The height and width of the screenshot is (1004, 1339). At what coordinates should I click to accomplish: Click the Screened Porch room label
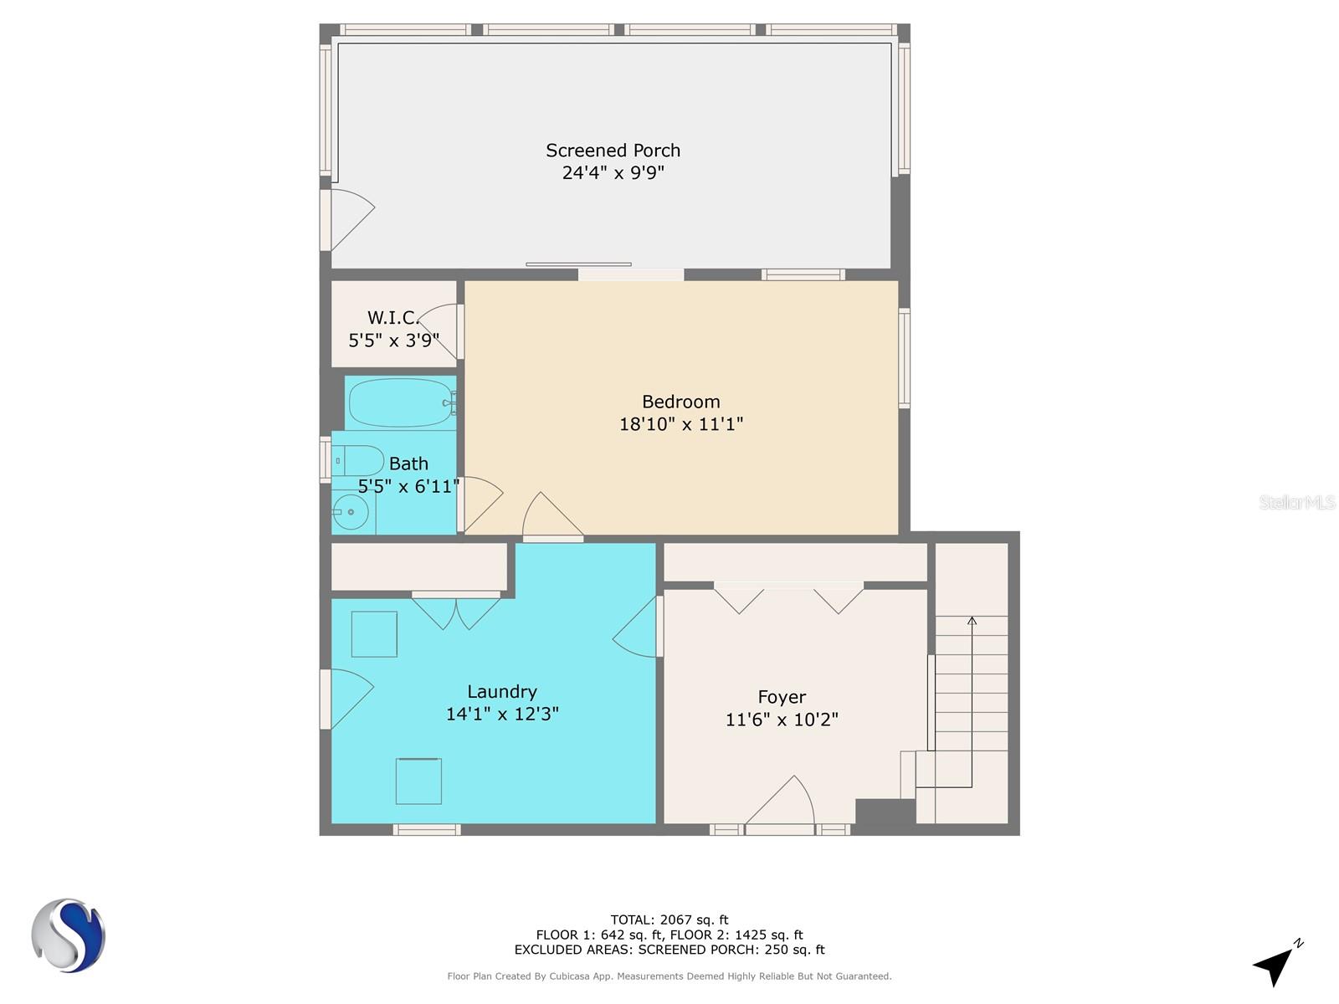tap(613, 150)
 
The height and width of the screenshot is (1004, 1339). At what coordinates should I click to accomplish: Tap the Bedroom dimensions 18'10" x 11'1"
tap(680, 423)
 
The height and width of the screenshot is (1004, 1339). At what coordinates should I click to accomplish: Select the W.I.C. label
tap(392, 318)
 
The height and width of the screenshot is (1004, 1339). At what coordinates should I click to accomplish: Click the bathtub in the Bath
tap(401, 403)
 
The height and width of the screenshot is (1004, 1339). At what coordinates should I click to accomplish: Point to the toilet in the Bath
tap(357, 460)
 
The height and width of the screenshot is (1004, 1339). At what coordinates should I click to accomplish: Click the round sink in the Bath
tap(351, 512)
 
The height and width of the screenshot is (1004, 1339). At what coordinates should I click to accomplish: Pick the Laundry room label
tap(502, 691)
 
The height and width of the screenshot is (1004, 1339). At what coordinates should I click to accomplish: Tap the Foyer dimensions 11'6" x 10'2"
tap(782, 720)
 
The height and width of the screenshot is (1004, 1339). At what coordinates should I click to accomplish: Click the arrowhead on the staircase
tap(972, 621)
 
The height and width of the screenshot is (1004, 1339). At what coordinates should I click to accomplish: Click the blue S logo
tap(69, 935)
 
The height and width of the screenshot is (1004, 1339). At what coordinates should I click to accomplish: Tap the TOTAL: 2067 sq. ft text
tap(669, 919)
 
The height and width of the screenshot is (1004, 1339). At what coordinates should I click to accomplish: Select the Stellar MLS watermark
tap(1297, 502)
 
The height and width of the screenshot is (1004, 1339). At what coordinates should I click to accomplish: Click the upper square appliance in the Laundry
tap(374, 634)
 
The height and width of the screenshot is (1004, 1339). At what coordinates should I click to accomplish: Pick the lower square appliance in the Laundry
tap(418, 781)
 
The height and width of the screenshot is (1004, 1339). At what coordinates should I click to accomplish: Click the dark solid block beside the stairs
tap(885, 812)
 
